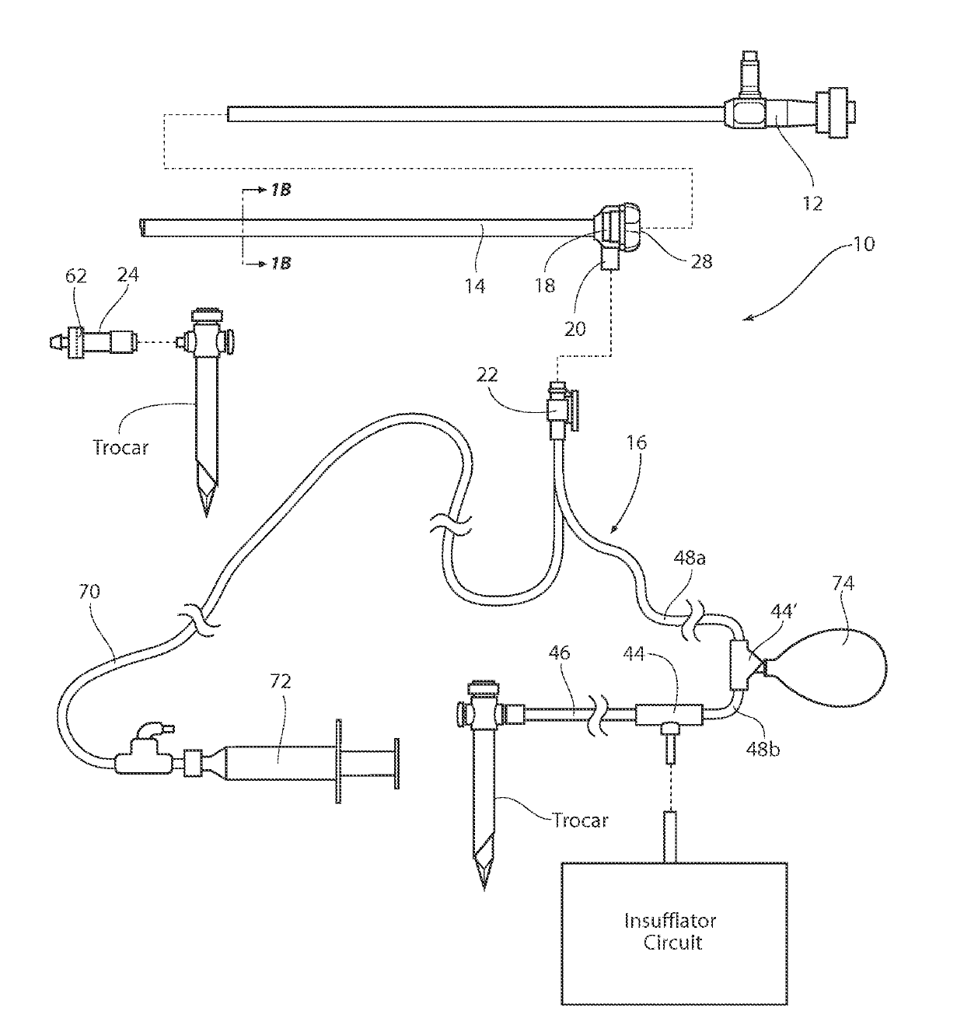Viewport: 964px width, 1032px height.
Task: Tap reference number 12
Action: pyautogui.click(x=812, y=203)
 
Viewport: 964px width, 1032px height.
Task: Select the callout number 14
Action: pyautogui.click(x=475, y=286)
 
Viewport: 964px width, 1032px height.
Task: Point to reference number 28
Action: pyautogui.click(x=701, y=262)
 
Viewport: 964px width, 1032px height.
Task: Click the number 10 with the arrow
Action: pyautogui.click(x=863, y=244)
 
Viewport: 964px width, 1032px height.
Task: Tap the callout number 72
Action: pyautogui.click(x=280, y=682)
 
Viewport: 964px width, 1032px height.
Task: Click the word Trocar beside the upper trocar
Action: pyautogui.click(x=120, y=448)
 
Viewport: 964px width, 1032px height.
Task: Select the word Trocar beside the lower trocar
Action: pyautogui.click(x=579, y=820)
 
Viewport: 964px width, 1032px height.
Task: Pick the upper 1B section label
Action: pyautogui.click(x=281, y=190)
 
